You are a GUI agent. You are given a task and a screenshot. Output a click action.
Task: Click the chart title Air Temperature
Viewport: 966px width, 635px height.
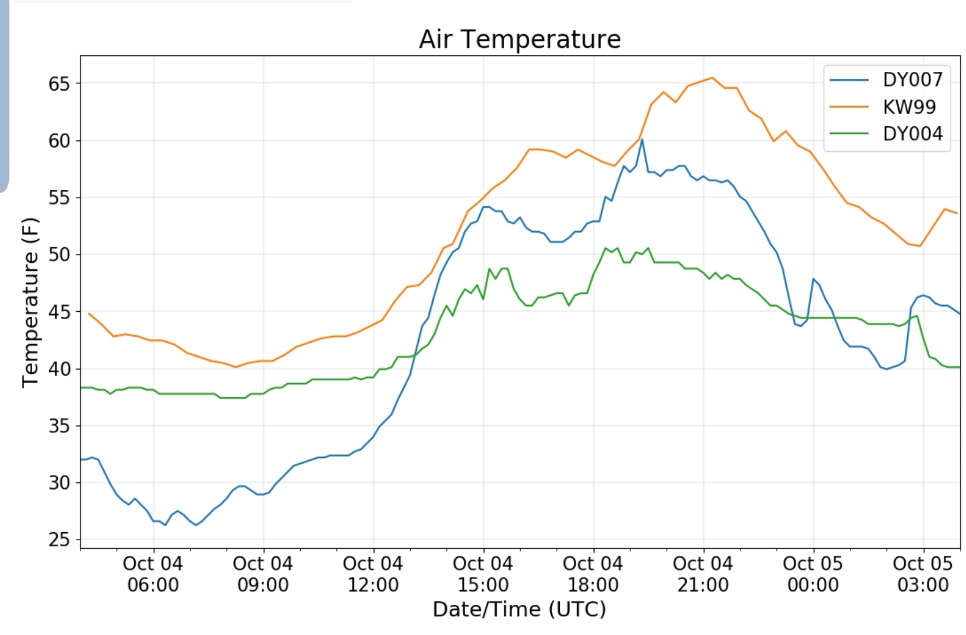click(520, 39)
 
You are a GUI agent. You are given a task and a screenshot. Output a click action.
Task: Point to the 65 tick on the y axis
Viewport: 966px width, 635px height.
click(59, 84)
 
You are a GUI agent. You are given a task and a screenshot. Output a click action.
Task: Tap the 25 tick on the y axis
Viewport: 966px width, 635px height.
click(59, 540)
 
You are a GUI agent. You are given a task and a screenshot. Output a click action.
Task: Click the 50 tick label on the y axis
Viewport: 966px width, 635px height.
click(59, 255)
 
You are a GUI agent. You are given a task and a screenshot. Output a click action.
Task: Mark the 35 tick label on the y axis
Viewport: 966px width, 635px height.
click(59, 426)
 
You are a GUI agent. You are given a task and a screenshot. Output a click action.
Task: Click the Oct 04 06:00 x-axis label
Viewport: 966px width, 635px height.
click(153, 574)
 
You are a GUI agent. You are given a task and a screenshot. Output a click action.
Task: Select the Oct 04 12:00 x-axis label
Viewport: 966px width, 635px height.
click(373, 574)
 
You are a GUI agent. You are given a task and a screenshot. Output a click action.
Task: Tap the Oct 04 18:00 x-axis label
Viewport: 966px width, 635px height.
click(593, 574)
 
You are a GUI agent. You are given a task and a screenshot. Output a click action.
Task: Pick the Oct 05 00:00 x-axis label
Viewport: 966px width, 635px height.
click(813, 574)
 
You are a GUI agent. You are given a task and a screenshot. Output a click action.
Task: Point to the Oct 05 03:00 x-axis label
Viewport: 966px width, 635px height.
click(923, 574)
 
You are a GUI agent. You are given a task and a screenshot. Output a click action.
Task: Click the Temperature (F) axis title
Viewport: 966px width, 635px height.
click(31, 302)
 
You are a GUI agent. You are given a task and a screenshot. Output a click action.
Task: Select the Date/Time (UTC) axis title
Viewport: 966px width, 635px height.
click(519, 609)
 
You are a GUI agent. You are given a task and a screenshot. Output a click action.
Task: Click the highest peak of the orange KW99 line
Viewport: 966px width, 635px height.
click(712, 78)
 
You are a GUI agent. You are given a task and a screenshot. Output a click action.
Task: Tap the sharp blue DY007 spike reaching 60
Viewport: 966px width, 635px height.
click(642, 140)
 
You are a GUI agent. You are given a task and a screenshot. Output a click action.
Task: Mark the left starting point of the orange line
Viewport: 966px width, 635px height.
click(89, 313)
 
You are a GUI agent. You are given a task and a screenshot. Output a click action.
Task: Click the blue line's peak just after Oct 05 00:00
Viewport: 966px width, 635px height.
click(813, 279)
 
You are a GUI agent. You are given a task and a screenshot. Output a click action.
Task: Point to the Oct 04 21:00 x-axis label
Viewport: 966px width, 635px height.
click(703, 574)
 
